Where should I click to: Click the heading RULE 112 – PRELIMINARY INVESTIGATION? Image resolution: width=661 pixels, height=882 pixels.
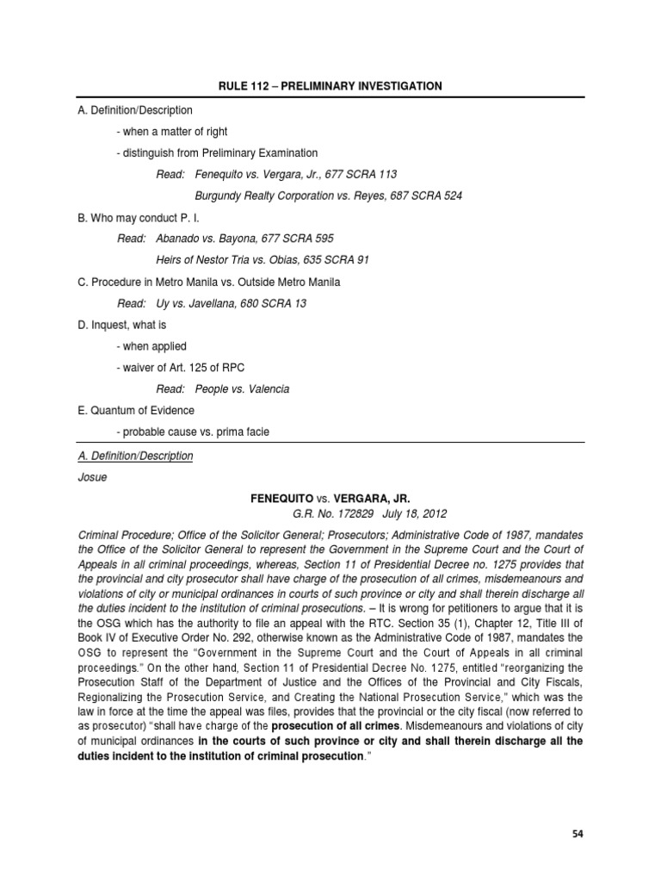click(x=330, y=86)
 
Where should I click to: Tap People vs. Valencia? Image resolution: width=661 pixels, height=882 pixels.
click(x=242, y=388)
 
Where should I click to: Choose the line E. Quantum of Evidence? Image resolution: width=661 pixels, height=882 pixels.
click(x=134, y=410)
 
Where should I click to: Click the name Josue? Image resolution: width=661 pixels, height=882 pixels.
click(x=90, y=477)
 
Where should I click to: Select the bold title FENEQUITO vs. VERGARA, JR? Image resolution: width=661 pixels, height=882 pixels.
click(x=330, y=499)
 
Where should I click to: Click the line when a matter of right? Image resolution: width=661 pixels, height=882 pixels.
click(x=163, y=131)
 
